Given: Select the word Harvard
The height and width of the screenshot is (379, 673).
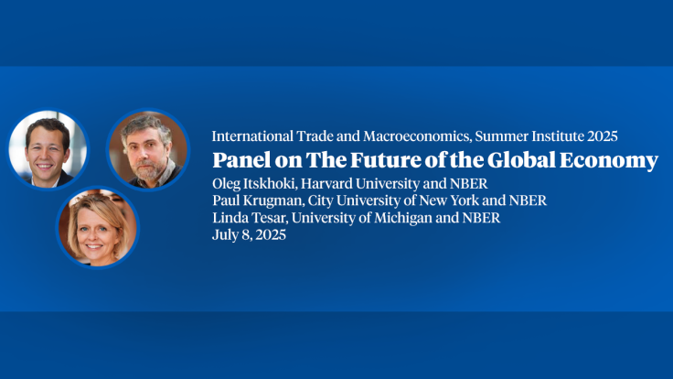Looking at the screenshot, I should [x=333, y=184].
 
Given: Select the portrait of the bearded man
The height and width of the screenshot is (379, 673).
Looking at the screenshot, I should [x=147, y=149].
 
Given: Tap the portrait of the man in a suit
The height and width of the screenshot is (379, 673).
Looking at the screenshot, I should [x=48, y=149].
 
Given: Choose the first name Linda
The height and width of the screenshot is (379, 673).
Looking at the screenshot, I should [x=229, y=217].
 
